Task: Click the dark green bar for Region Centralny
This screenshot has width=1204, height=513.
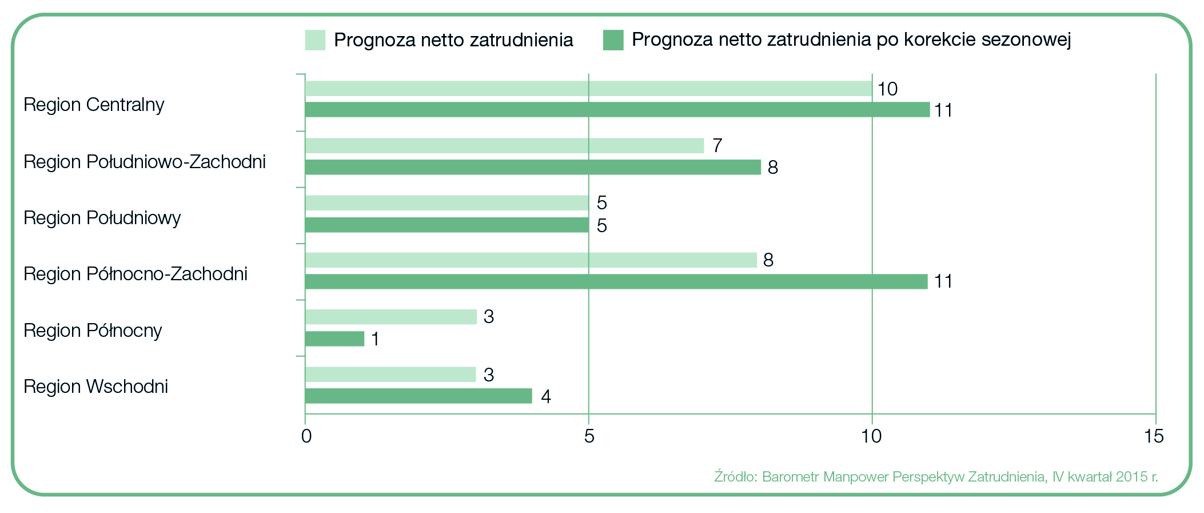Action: (x=617, y=110)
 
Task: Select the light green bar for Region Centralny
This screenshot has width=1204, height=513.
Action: (x=588, y=89)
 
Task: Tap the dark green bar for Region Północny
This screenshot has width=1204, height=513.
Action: (x=334, y=339)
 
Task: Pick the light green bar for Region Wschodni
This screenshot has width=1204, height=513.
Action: (x=390, y=375)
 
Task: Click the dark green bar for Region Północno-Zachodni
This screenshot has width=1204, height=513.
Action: (x=616, y=281)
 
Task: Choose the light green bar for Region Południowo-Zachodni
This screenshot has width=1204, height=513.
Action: (x=504, y=146)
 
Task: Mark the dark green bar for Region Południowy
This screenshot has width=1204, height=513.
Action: (x=446, y=225)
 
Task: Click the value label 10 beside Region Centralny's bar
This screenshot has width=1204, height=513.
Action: (x=887, y=89)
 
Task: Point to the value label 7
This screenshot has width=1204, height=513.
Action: (x=717, y=146)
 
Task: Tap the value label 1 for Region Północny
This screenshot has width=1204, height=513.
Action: (x=375, y=339)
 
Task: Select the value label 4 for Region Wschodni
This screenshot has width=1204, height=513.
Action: (x=546, y=396)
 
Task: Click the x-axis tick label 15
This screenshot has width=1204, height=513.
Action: (x=1154, y=437)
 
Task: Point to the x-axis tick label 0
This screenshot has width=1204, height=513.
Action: (x=306, y=437)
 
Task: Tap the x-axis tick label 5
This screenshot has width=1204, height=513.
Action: (x=589, y=437)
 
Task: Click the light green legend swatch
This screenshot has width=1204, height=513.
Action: (x=315, y=40)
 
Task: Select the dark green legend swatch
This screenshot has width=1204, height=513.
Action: (x=613, y=40)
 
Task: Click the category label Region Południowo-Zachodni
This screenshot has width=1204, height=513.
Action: (x=145, y=162)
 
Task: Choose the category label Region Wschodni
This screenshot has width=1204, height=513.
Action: (x=95, y=387)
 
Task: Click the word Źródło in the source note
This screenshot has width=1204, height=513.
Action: (x=735, y=476)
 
